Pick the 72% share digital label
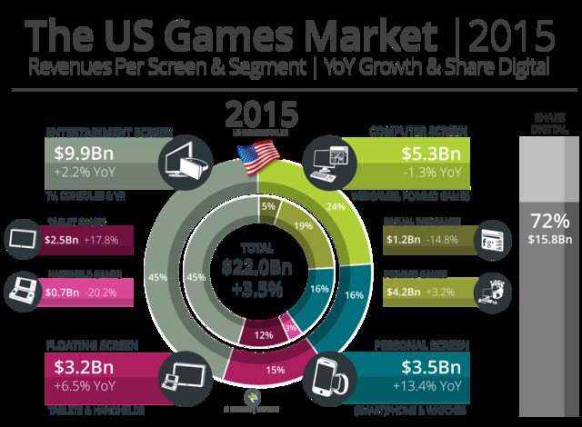(551, 222)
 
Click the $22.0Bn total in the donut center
(257, 267)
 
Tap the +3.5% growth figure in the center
(257, 292)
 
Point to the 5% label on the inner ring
(268, 206)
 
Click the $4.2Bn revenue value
(405, 293)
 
